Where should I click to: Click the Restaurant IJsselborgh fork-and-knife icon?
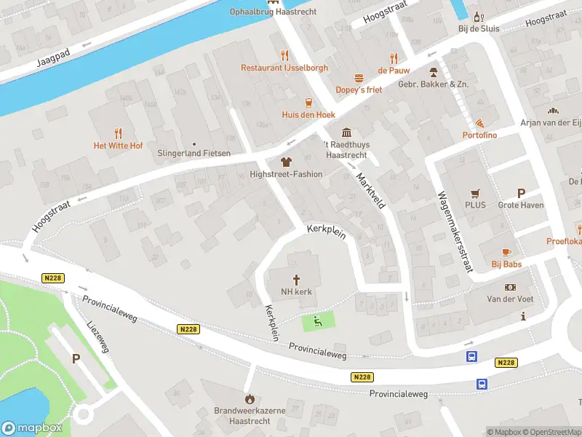click(284, 55)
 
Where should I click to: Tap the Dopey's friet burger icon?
click(359, 77)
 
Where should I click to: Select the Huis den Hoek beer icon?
click(308, 102)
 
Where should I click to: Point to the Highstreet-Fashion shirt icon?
click(285, 162)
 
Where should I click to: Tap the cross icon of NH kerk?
click(297, 280)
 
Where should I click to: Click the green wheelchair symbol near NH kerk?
click(317, 320)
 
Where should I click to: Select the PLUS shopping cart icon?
click(475, 193)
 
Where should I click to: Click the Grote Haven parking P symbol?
click(520, 193)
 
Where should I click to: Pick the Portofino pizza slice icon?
click(480, 123)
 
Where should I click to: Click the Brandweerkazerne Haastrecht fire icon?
click(250, 398)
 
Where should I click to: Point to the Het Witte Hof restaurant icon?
click(118, 133)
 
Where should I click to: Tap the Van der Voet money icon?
click(510, 287)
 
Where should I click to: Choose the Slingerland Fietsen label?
click(194, 153)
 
